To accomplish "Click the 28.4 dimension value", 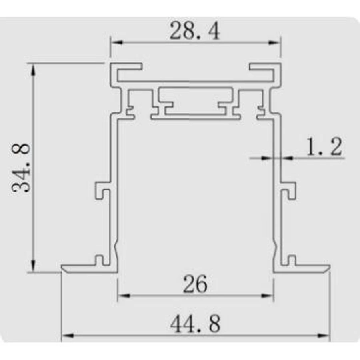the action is (195, 31).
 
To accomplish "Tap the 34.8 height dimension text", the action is (21, 168).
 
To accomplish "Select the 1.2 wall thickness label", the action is (324, 146).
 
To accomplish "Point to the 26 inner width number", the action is (195, 284).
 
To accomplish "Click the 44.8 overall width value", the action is (195, 324).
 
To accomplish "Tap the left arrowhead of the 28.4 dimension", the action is (117, 42).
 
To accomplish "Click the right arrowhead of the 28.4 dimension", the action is (274, 42).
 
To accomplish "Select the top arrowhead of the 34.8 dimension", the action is (33, 69).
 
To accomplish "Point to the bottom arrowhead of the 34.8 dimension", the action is (33, 266).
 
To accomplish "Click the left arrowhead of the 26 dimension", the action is (124, 296).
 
